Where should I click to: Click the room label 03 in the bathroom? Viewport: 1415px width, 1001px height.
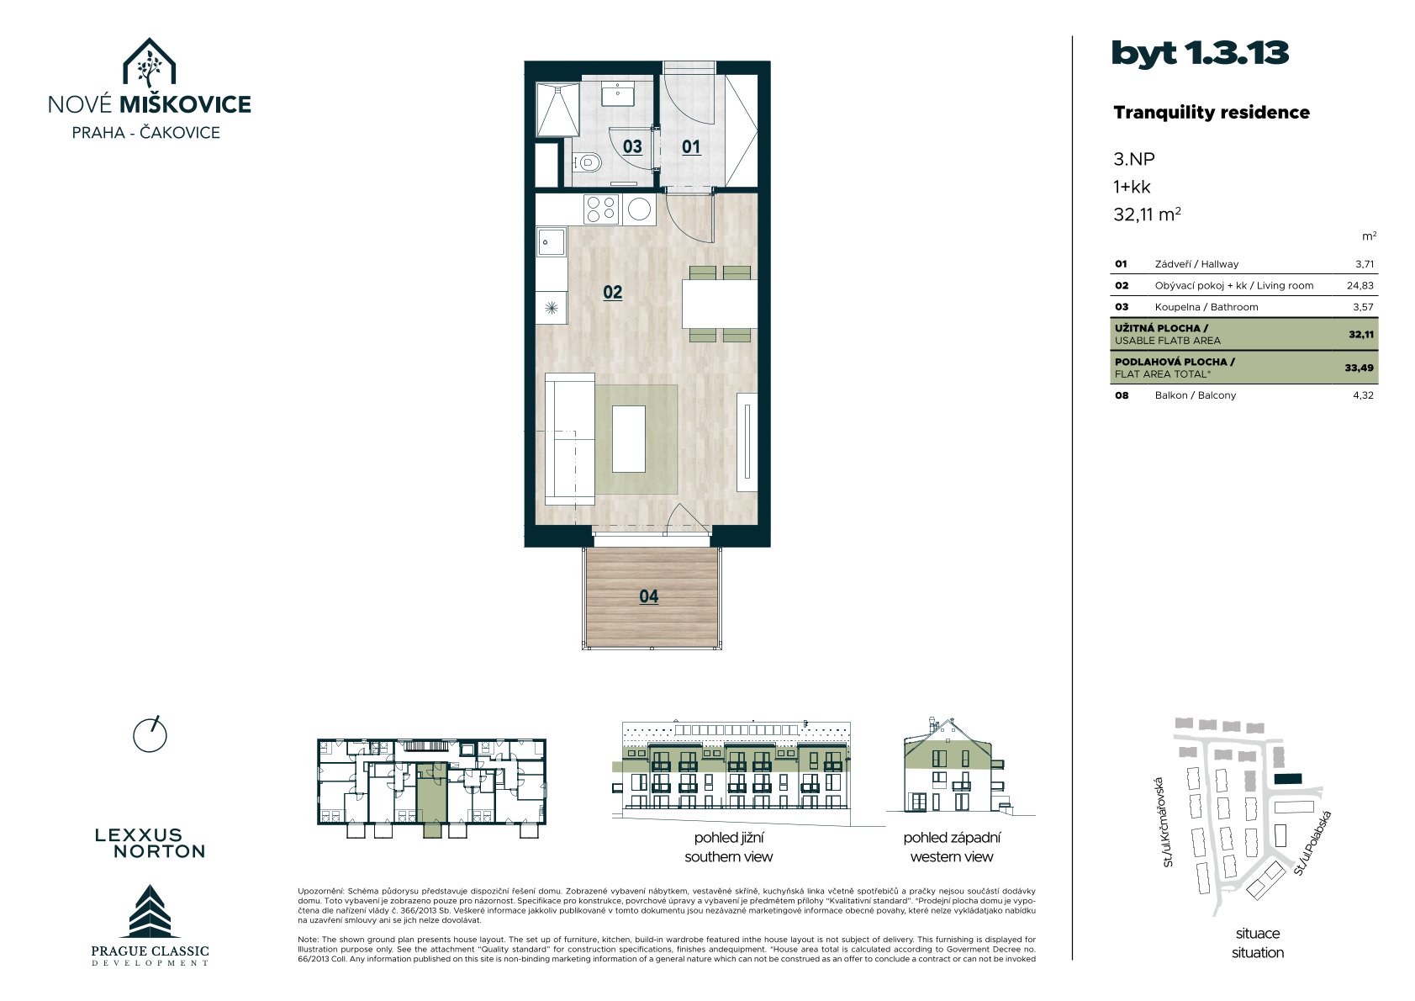[x=632, y=146]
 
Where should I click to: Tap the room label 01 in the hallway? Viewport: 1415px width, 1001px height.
[x=691, y=147]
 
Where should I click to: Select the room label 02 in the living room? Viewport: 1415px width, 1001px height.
[x=613, y=293]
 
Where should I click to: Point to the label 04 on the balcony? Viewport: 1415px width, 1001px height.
[x=649, y=596]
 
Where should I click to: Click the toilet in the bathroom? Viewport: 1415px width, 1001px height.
[x=587, y=163]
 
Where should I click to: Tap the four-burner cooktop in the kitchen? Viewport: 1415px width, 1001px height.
[x=601, y=209]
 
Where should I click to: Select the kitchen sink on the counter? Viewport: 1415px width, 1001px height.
[x=552, y=242]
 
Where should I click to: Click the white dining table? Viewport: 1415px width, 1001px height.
[x=720, y=304]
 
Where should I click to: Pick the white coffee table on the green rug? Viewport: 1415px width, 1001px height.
[x=629, y=438]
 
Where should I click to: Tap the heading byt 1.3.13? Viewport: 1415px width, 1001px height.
[x=1200, y=53]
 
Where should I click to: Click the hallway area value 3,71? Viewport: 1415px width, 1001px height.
[x=1364, y=264]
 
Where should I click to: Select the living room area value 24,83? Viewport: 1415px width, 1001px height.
[x=1360, y=286]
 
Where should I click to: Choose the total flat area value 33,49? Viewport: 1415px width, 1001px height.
[x=1360, y=368]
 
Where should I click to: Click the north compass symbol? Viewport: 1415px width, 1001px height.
[x=150, y=735]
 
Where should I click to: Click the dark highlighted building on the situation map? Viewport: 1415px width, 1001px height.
[x=1288, y=779]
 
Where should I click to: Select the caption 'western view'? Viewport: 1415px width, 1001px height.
[x=952, y=857]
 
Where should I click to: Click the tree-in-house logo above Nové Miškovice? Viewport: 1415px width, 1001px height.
[x=149, y=63]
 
